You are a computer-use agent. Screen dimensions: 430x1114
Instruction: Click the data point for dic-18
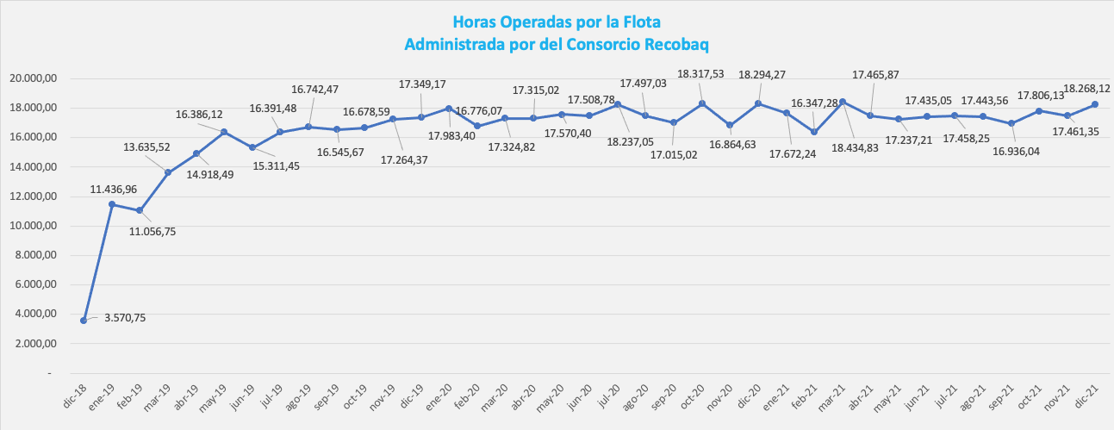tap(84, 321)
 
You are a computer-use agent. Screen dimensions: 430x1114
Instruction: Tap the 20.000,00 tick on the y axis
tap(33, 78)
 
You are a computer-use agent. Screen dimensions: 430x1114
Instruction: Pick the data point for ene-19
tap(112, 204)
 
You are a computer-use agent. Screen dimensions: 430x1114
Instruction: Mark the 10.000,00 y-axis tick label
tap(33, 226)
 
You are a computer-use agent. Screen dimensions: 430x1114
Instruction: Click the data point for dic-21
tap(1095, 104)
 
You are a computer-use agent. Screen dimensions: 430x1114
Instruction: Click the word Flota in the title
tap(639, 22)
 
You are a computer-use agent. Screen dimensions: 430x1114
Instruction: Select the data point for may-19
tap(224, 132)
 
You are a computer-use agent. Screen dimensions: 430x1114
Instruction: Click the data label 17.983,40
tap(452, 135)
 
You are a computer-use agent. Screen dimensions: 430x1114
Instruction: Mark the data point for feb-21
tap(814, 132)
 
